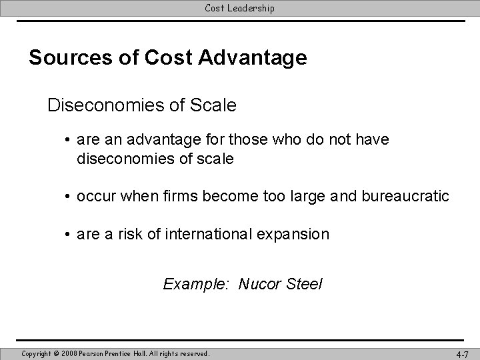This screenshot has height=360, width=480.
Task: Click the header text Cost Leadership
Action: [239, 8]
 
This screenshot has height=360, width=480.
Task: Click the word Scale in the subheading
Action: [214, 105]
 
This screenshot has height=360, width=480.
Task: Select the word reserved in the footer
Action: [193, 353]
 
